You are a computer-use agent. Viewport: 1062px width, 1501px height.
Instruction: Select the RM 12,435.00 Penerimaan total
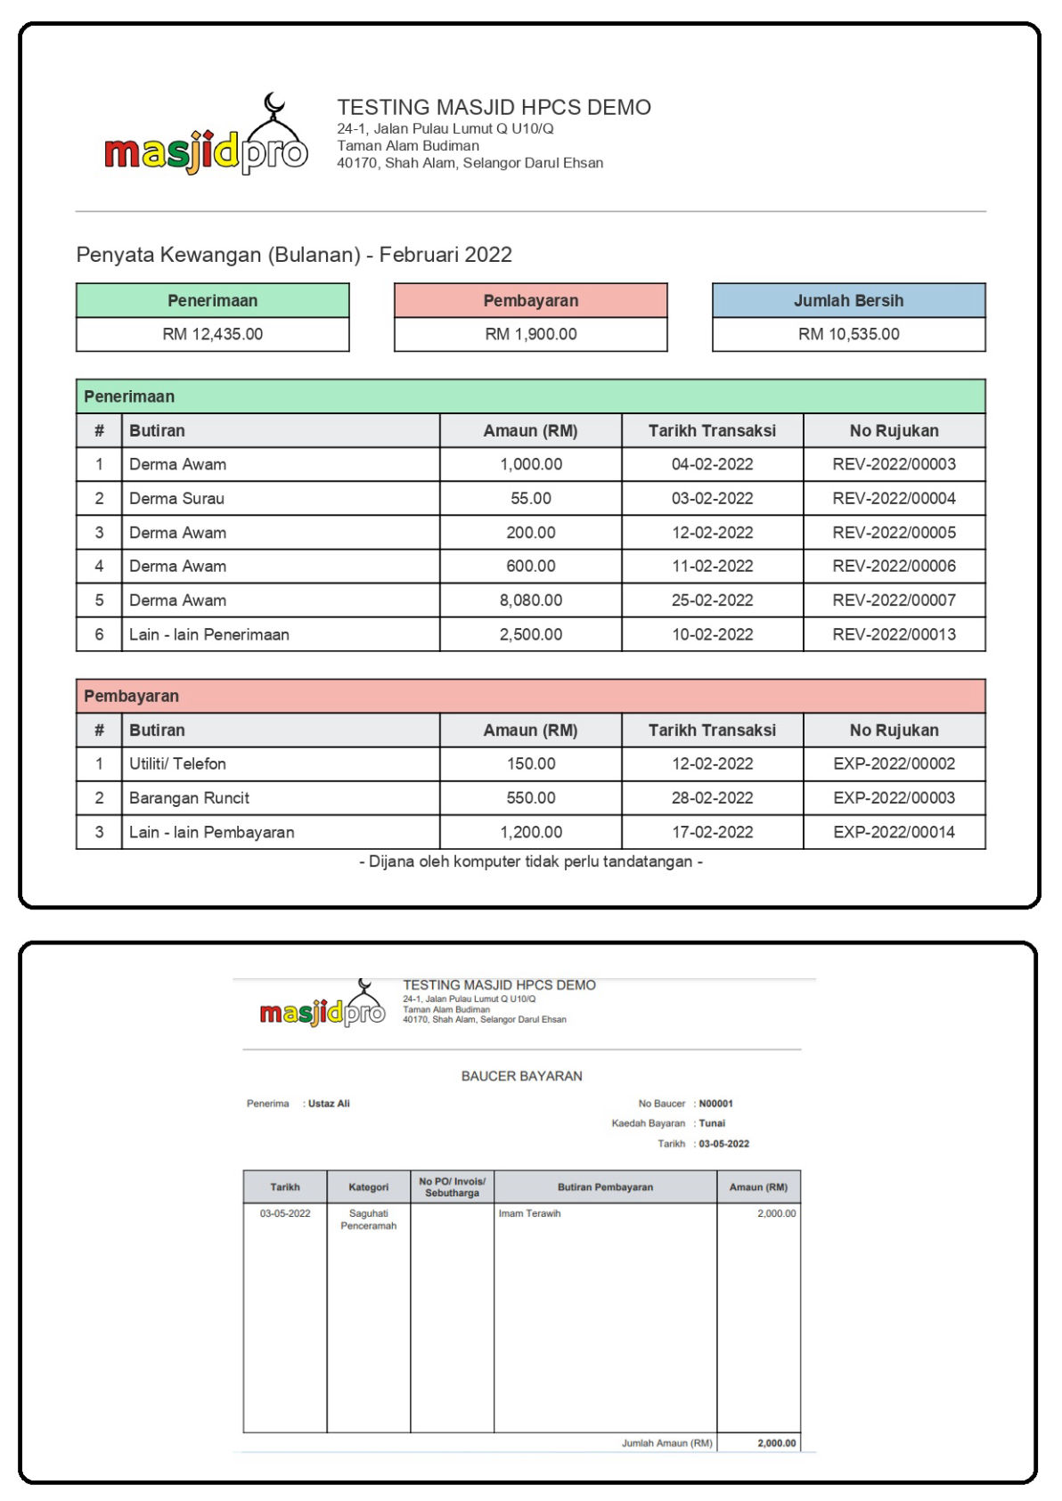pos(212,334)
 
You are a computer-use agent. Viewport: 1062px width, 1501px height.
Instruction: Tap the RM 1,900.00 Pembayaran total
pos(530,334)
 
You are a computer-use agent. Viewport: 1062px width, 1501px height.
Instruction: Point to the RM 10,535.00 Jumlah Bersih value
pos(848,334)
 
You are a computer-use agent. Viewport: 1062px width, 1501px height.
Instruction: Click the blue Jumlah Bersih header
pos(848,300)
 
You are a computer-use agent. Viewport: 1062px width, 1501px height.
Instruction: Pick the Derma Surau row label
pos(176,498)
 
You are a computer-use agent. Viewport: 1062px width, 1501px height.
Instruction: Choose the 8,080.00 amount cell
pos(530,600)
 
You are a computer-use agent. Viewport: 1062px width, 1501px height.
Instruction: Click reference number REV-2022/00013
pos(894,634)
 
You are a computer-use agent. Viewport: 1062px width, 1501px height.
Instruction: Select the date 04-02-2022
pos(712,464)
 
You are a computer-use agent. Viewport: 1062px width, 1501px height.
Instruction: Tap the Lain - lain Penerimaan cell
pos(209,634)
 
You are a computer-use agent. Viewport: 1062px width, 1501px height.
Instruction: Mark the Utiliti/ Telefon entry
pos(177,763)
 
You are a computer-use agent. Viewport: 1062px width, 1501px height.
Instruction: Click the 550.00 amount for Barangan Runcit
pos(530,797)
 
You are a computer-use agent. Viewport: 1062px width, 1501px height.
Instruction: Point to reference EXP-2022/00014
pos(894,832)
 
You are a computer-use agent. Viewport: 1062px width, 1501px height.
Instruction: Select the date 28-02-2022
pos(712,797)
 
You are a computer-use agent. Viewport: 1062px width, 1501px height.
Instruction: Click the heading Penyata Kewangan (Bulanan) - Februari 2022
pos(294,255)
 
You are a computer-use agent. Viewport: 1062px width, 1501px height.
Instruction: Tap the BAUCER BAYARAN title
pos(521,1076)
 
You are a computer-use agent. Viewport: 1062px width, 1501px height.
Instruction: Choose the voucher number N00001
pos(715,1104)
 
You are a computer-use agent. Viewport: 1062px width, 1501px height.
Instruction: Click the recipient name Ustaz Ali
pos(329,1104)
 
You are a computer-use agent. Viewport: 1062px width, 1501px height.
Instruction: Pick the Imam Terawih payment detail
pos(529,1213)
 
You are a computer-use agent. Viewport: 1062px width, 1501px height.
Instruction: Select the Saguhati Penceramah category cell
pos(368,1220)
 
